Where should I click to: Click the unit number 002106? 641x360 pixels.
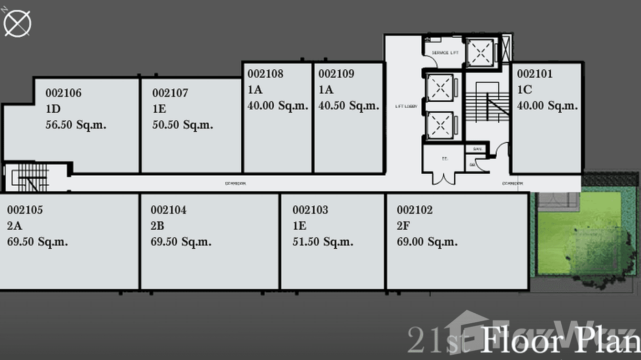64,93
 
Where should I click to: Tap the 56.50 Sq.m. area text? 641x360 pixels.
76,125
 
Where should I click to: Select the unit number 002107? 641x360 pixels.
170,93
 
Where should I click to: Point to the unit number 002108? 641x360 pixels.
265,74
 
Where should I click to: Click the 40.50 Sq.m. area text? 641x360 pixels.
349,106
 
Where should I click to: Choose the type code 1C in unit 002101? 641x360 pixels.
524,90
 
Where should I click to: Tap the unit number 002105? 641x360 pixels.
25,210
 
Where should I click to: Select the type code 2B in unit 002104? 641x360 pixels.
157,226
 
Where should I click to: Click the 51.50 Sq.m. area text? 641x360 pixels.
323,242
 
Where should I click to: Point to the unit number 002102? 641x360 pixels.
415,210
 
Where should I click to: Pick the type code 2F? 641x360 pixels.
403,226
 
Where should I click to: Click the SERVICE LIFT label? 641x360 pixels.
445,53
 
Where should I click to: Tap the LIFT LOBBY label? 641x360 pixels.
406,106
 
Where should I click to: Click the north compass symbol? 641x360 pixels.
18,23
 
